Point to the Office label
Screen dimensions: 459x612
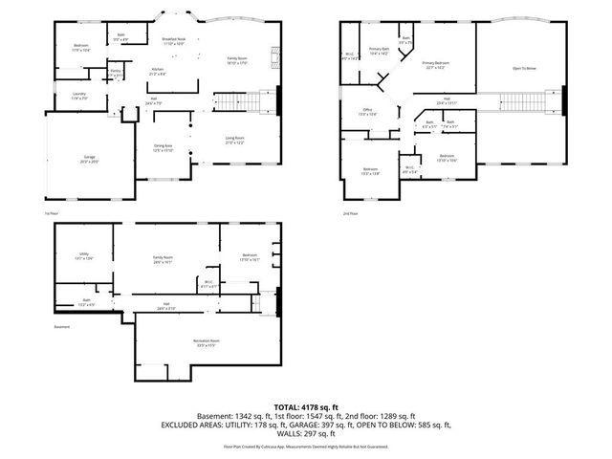click(x=366, y=112)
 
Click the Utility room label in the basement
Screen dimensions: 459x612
click(x=84, y=255)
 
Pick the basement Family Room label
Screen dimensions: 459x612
click(x=164, y=258)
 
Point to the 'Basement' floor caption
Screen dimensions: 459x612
click(x=62, y=328)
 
